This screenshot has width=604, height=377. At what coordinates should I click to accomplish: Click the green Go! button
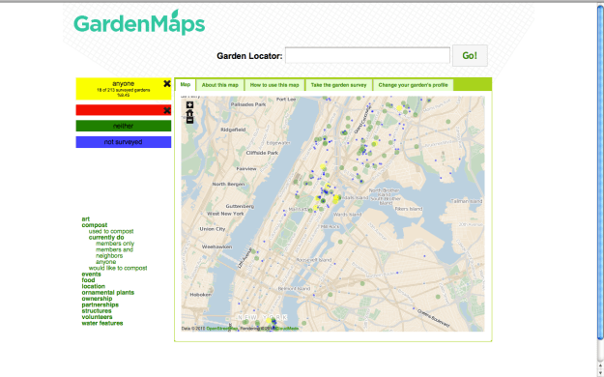471,56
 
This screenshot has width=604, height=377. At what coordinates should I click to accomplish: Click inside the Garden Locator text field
367,56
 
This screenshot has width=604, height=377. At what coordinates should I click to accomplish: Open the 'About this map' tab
220,85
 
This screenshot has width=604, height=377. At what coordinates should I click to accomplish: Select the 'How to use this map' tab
274,85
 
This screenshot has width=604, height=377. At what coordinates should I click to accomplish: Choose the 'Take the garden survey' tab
338,85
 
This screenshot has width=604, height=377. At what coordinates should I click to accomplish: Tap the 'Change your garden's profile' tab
413,85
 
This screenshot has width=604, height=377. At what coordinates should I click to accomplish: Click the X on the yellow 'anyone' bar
167,83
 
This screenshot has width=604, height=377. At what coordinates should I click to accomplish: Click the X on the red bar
167,110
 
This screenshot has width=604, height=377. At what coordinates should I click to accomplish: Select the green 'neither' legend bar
123,126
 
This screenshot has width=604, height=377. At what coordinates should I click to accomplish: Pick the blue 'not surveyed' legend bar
123,142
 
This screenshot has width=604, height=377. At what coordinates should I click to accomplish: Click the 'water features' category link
102,323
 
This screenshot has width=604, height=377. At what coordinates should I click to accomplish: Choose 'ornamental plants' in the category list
107,292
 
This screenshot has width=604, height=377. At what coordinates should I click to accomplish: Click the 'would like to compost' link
118,268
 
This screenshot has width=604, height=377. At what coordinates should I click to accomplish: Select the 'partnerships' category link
102,304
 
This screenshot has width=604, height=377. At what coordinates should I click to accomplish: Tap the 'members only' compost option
115,244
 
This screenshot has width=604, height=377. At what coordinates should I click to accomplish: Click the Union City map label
212,229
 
